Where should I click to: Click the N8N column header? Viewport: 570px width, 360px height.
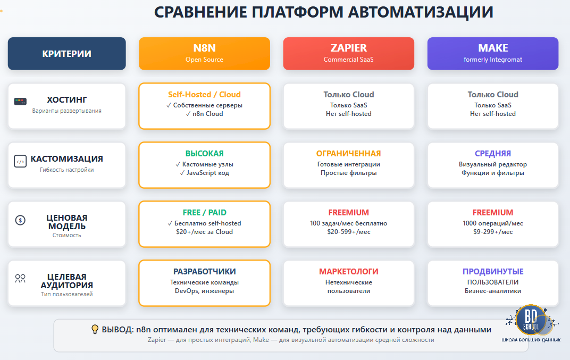pyautogui.click(x=204, y=53)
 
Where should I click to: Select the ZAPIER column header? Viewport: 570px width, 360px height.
pyautogui.click(x=348, y=53)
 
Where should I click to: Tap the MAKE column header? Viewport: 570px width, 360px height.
pyautogui.click(x=493, y=53)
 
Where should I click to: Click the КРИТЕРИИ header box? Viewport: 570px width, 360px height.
pyautogui.click(x=66, y=54)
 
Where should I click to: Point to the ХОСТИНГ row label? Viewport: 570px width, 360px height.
pyautogui.click(x=66, y=100)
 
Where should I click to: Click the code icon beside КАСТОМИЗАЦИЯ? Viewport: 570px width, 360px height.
pyautogui.click(x=20, y=162)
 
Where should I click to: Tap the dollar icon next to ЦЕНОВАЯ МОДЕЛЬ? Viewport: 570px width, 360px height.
pyautogui.click(x=20, y=220)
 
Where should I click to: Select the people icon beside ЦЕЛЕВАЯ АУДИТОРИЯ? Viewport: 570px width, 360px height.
pyautogui.click(x=20, y=278)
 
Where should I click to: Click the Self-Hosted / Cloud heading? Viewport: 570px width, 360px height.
pyautogui.click(x=204, y=95)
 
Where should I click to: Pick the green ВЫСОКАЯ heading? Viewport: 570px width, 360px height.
pyautogui.click(x=204, y=154)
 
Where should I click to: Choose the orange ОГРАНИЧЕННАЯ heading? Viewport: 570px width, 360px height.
pyautogui.click(x=348, y=154)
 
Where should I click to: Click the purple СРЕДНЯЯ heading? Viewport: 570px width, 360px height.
pyautogui.click(x=493, y=154)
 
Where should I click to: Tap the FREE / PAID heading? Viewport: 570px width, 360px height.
pyautogui.click(x=204, y=213)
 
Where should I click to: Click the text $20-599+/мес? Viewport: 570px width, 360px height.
pyautogui.click(x=348, y=232)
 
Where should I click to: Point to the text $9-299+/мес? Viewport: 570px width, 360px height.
pyautogui.click(x=493, y=232)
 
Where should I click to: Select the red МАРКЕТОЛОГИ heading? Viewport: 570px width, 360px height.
pyautogui.click(x=348, y=272)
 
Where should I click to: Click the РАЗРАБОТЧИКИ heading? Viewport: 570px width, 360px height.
pyautogui.click(x=204, y=272)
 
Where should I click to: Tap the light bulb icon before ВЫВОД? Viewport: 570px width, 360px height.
pyautogui.click(x=95, y=329)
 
